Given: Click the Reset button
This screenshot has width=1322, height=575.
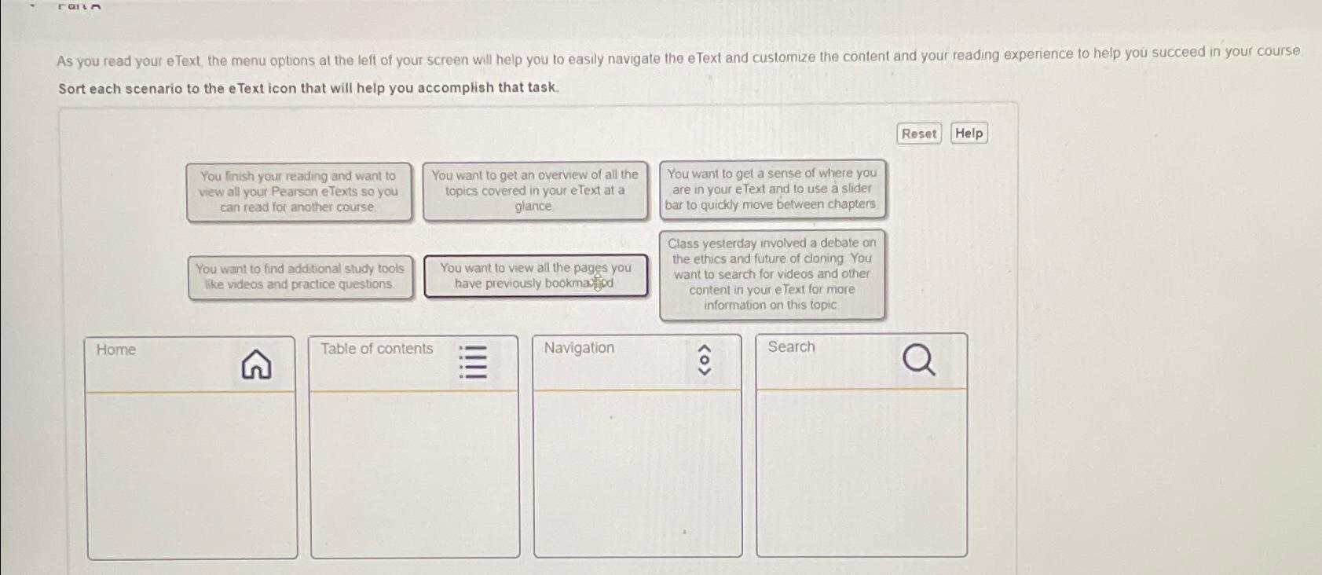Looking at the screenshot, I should coord(918,134).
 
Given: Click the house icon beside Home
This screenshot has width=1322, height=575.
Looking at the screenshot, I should coord(256,364).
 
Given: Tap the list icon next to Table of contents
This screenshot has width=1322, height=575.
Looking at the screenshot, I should coord(473,361).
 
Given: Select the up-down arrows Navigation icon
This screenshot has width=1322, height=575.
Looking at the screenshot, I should coord(705,361).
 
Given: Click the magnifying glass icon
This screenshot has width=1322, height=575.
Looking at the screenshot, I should coord(918,361).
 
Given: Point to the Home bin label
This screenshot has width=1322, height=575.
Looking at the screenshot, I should coord(116,350).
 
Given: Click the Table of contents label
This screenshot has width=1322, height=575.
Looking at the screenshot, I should coord(376,349).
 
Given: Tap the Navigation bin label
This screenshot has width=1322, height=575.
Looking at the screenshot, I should coord(579,348).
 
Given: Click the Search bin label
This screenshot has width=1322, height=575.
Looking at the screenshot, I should coord(791,347).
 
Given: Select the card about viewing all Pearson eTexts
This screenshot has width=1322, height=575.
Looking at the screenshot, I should coord(298,192).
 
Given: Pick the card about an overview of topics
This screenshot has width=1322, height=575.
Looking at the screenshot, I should coord(534,190).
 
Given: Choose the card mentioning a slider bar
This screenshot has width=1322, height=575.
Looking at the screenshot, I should coord(772,189).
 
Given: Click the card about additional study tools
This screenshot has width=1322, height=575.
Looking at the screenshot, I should coord(299,277).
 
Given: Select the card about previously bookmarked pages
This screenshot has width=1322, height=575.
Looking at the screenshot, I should coord(535,276).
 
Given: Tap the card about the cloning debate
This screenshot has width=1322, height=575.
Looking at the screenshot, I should coord(772,274).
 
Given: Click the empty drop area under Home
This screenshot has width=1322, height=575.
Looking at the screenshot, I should coord(192,474).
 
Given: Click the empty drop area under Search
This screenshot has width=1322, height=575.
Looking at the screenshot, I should coord(861,472).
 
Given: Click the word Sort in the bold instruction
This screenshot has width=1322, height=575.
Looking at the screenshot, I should coord(71,89).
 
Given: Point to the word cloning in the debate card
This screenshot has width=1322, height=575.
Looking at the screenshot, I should coord(822,258).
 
